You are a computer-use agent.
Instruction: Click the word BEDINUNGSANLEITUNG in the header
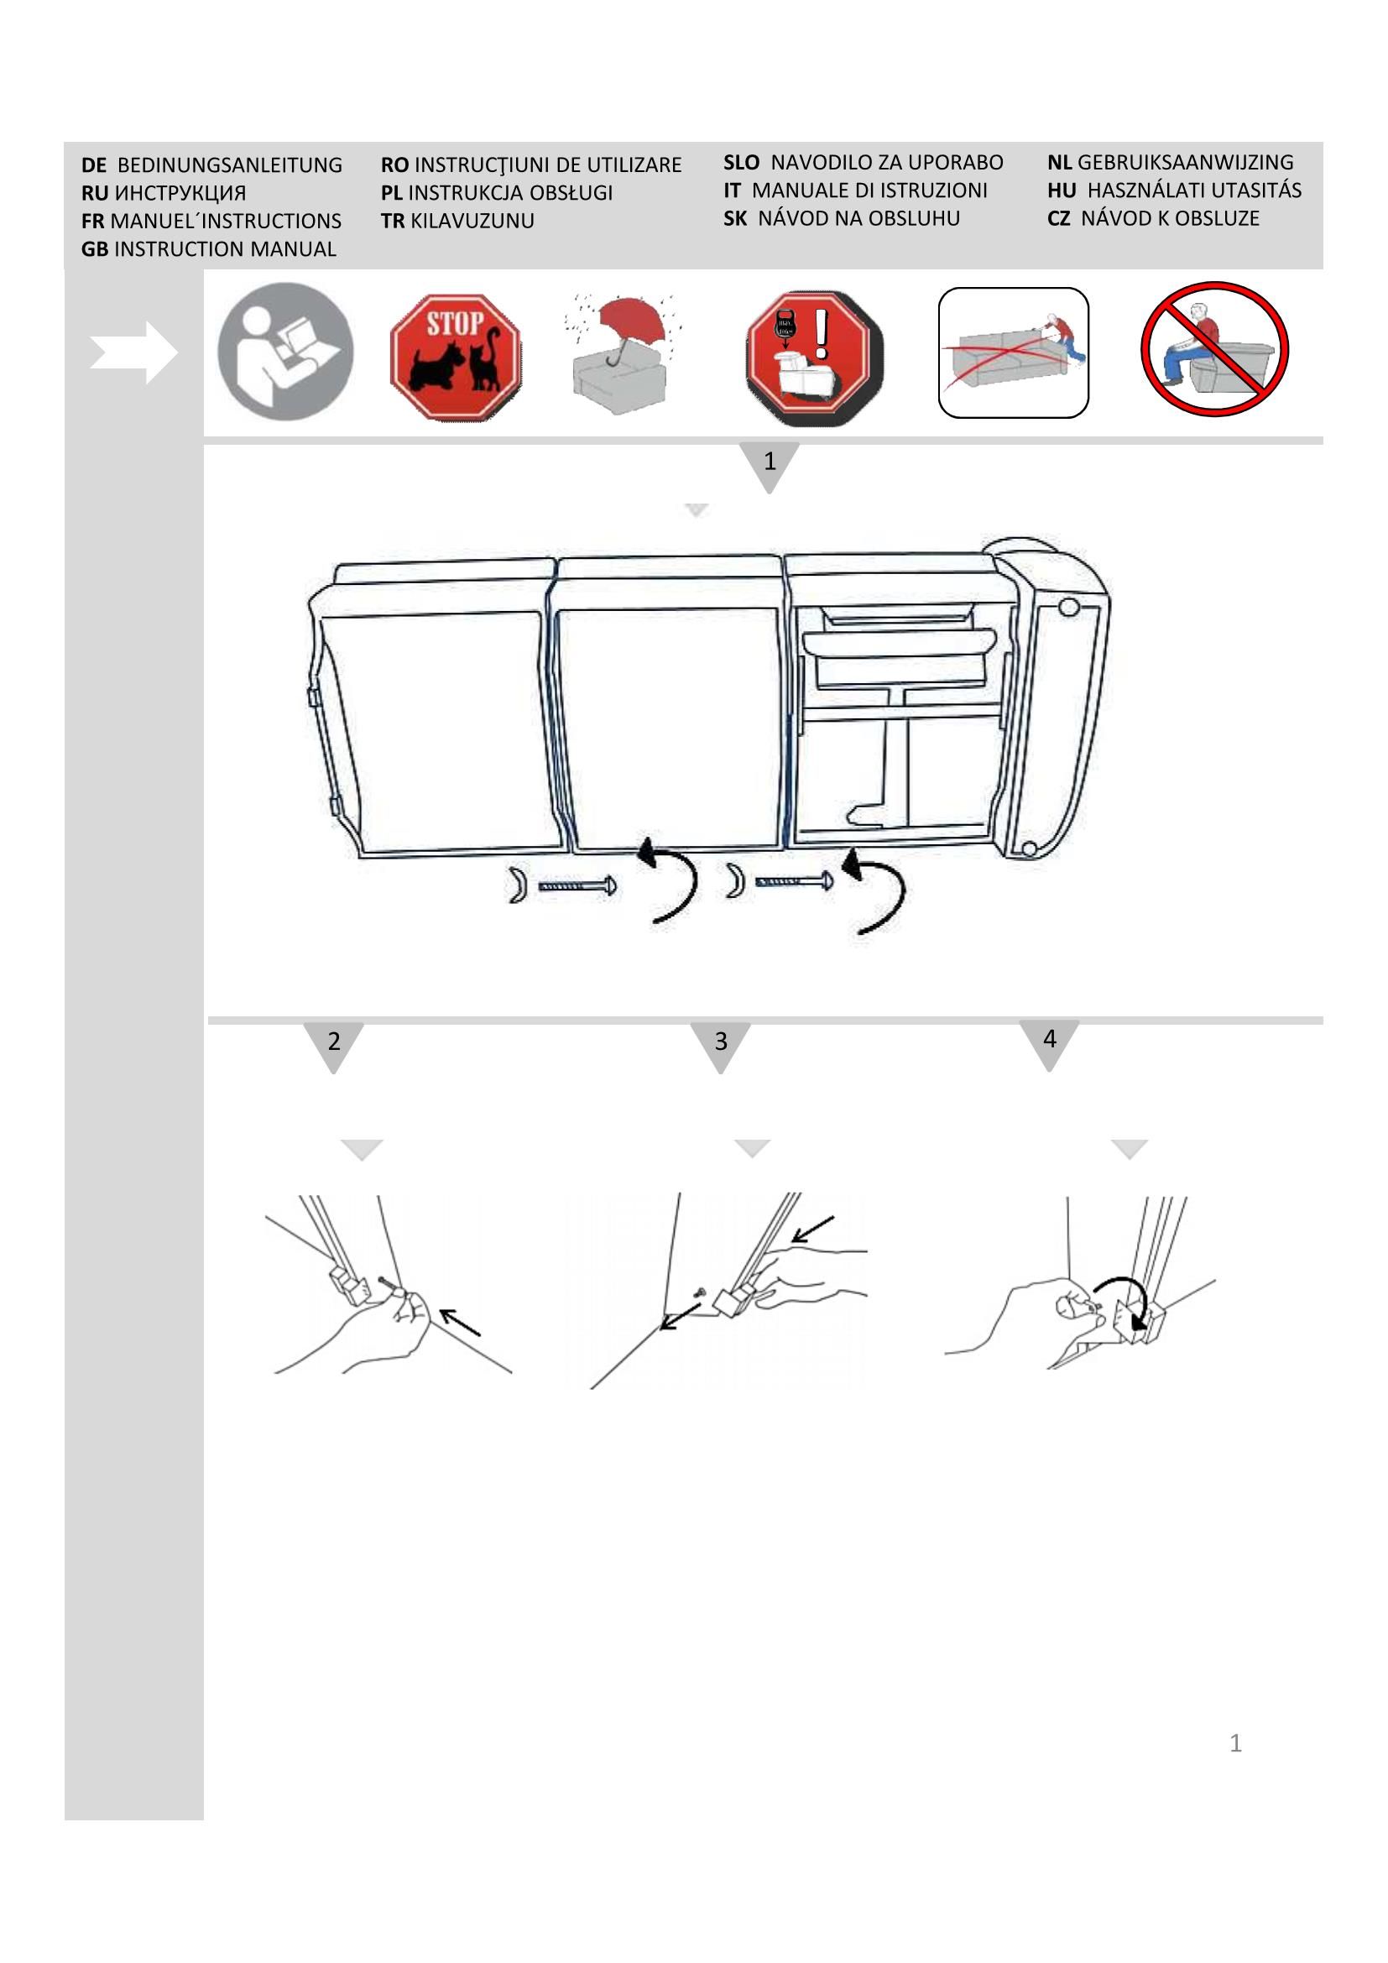tap(230, 165)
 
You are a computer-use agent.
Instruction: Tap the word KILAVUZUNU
tap(472, 221)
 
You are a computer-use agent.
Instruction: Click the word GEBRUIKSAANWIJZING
tap(1186, 163)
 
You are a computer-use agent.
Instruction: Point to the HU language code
tap(1062, 191)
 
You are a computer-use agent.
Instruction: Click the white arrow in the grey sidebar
tap(133, 352)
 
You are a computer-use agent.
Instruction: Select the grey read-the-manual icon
tap(285, 351)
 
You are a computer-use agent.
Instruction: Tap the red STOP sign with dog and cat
tap(456, 357)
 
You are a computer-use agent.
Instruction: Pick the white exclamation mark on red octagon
tap(822, 333)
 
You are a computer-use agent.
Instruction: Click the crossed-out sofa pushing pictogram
tap(1013, 352)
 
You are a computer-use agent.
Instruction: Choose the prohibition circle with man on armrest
tap(1214, 349)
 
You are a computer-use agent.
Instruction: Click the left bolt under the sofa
tap(577, 886)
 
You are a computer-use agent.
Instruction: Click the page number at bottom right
tap(1235, 1743)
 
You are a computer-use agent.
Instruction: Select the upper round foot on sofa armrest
tap(1067, 608)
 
